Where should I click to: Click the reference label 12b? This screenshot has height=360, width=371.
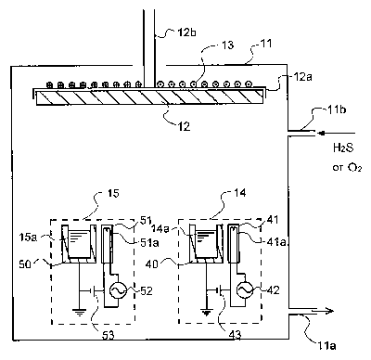click(186, 32)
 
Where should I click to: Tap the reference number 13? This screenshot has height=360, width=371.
click(227, 45)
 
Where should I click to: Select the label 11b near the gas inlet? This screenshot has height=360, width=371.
click(336, 109)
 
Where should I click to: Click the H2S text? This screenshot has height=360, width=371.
click(343, 148)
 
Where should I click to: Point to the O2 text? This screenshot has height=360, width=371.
click(354, 168)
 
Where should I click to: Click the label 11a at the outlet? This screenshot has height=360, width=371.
click(326, 345)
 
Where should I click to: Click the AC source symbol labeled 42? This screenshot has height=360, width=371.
click(245, 290)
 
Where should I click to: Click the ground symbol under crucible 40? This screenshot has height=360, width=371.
click(207, 314)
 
